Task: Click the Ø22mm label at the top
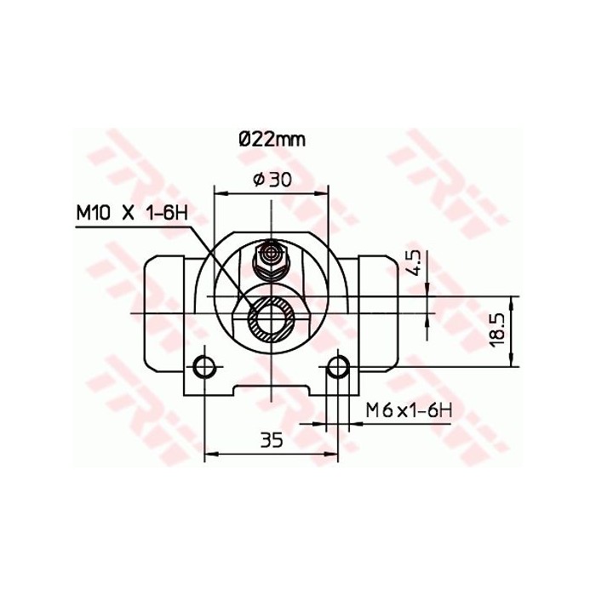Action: tap(271, 139)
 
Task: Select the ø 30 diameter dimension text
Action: tap(271, 179)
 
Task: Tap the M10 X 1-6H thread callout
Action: tap(131, 212)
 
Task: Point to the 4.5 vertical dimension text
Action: tap(413, 261)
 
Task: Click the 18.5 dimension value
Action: tap(499, 327)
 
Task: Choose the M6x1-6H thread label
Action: tap(407, 410)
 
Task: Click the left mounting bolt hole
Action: tap(204, 368)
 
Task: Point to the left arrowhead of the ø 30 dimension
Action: tap(218, 192)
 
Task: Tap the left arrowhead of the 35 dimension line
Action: tap(209, 453)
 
